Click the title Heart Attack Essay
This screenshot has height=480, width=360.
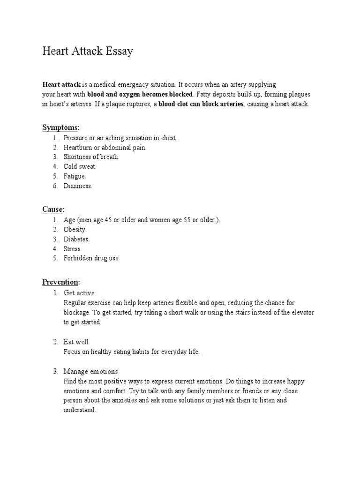point(88,51)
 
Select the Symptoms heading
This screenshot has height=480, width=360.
point(61,127)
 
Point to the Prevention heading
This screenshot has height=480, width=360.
point(61,282)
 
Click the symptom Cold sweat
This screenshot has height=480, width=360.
point(80,166)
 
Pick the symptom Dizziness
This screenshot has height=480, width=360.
point(78,186)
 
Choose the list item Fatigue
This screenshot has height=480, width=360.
point(75,176)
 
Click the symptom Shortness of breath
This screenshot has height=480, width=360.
point(91,157)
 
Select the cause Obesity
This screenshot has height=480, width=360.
point(75,230)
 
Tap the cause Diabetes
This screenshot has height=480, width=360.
point(76,239)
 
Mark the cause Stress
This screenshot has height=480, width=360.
point(73,249)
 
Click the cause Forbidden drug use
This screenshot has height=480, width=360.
point(91,258)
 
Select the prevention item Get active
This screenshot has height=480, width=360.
point(79,293)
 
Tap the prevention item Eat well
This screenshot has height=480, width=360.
point(76,342)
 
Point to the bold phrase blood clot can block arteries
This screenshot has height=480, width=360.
point(201,104)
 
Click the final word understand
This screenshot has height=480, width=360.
point(80,410)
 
